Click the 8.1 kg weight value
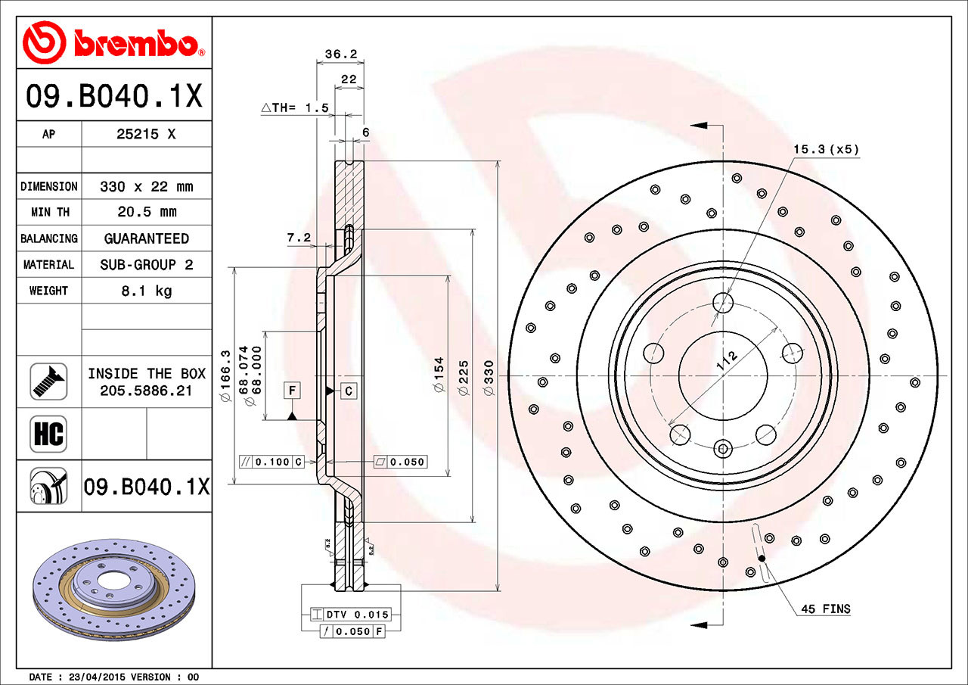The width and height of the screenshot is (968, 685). click(x=146, y=291)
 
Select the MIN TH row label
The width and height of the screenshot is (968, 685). click(x=48, y=213)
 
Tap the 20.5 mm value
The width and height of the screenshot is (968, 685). click(x=146, y=213)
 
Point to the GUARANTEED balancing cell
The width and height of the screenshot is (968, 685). click(x=146, y=238)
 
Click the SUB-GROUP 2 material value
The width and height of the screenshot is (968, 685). click(x=146, y=265)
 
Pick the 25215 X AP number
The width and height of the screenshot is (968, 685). click(x=146, y=135)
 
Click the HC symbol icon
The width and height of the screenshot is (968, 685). click(x=48, y=434)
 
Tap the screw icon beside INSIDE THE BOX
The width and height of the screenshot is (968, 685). click(x=48, y=381)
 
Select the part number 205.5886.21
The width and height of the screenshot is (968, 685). click(x=146, y=391)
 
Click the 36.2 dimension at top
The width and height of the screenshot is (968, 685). click(x=340, y=54)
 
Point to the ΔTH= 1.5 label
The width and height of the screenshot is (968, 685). click(x=295, y=108)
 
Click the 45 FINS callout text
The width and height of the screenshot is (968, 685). click(x=825, y=609)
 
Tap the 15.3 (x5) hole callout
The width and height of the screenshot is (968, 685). click(x=826, y=149)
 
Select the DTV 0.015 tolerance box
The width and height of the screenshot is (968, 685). click(x=358, y=615)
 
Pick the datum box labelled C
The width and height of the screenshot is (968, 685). click(x=348, y=391)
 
